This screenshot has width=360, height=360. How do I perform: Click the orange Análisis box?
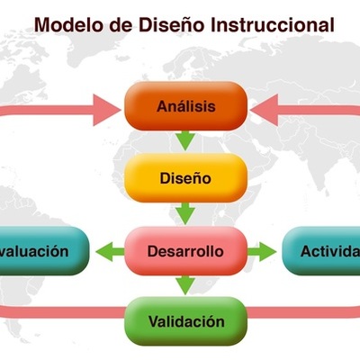(185, 106)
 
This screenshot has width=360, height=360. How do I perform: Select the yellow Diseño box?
(185, 177)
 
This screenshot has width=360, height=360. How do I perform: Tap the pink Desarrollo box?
(185, 250)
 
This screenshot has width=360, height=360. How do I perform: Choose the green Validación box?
(185, 320)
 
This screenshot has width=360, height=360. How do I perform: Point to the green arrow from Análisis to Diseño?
(185, 140)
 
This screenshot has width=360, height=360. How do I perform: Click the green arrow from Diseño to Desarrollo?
(185, 213)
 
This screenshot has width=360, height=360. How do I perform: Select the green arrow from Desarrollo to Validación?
(185, 285)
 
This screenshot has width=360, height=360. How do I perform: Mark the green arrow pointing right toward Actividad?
(262, 251)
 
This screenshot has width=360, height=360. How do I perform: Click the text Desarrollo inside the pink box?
(185, 250)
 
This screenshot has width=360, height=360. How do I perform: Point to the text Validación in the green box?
(185, 320)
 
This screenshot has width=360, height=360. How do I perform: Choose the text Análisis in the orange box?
(185, 106)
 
